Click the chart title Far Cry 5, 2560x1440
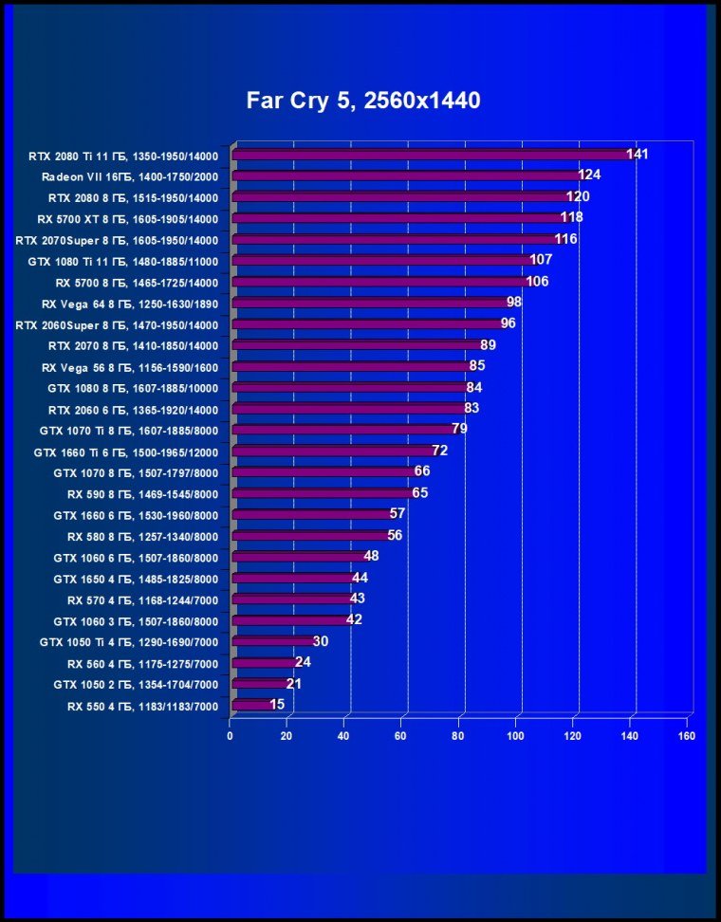tap(363, 101)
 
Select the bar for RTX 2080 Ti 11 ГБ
tap(432, 154)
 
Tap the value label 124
tap(589, 175)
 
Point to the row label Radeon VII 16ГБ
tap(130, 177)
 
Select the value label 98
tap(514, 303)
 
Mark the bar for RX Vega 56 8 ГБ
tap(350, 366)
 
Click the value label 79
tap(459, 430)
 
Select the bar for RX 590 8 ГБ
tap(322, 493)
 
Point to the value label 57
tap(397, 514)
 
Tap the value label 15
tap(277, 705)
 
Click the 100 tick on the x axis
tap(516, 736)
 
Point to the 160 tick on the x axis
tap(687, 736)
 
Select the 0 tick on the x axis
tap(230, 736)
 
